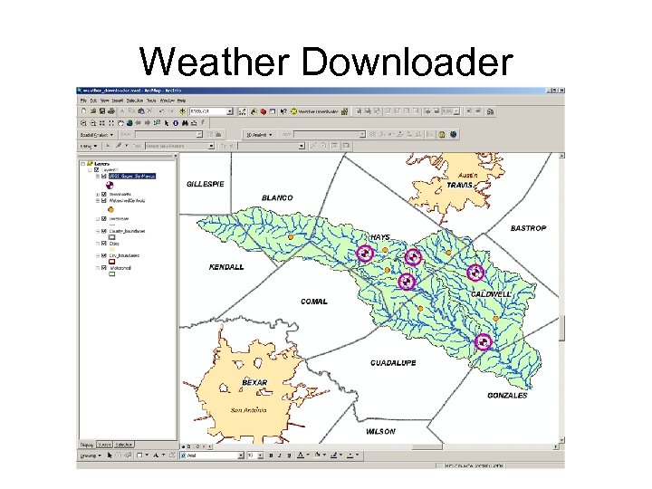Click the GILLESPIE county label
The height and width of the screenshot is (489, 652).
pos(206,184)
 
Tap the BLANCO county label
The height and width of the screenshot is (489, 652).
pos(277,197)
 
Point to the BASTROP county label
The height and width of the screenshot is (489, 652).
pos(528,228)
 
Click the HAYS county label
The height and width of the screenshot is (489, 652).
pos(380,237)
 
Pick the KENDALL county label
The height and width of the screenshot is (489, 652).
pos(226,267)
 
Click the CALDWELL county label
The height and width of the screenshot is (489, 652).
pos(491,295)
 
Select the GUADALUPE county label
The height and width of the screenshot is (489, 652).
pos(393,363)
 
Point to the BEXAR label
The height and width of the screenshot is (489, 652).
pos(254,382)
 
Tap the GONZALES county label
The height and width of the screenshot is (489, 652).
pos(507,396)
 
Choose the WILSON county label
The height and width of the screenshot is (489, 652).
pos(380,432)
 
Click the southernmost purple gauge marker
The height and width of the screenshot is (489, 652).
pos(483,341)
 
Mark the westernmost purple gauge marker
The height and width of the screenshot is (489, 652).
pos(364,254)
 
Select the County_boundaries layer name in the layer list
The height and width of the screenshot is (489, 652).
pos(128,231)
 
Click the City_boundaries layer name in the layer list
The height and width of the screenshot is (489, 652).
pos(127,256)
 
